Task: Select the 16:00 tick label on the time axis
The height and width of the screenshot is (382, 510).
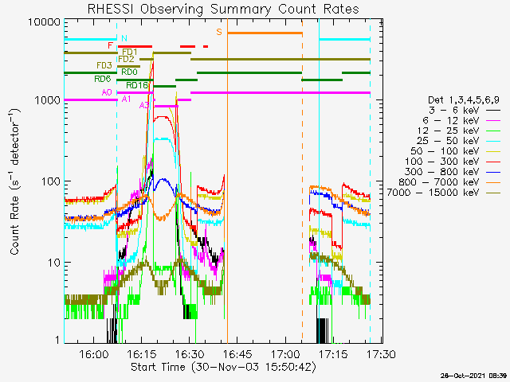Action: (93, 353)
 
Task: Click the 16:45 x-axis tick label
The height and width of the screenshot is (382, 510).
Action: (237, 353)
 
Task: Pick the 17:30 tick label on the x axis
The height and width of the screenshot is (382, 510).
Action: (380, 353)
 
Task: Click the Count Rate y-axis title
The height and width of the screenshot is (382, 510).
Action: (15, 181)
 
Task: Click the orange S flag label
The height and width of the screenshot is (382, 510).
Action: (219, 32)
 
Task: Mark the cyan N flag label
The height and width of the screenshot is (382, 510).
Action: (123, 38)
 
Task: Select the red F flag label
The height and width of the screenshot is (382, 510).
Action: (110, 46)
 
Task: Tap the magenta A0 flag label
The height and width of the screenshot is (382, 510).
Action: (107, 93)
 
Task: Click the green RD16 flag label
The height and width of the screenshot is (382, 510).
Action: (137, 85)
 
